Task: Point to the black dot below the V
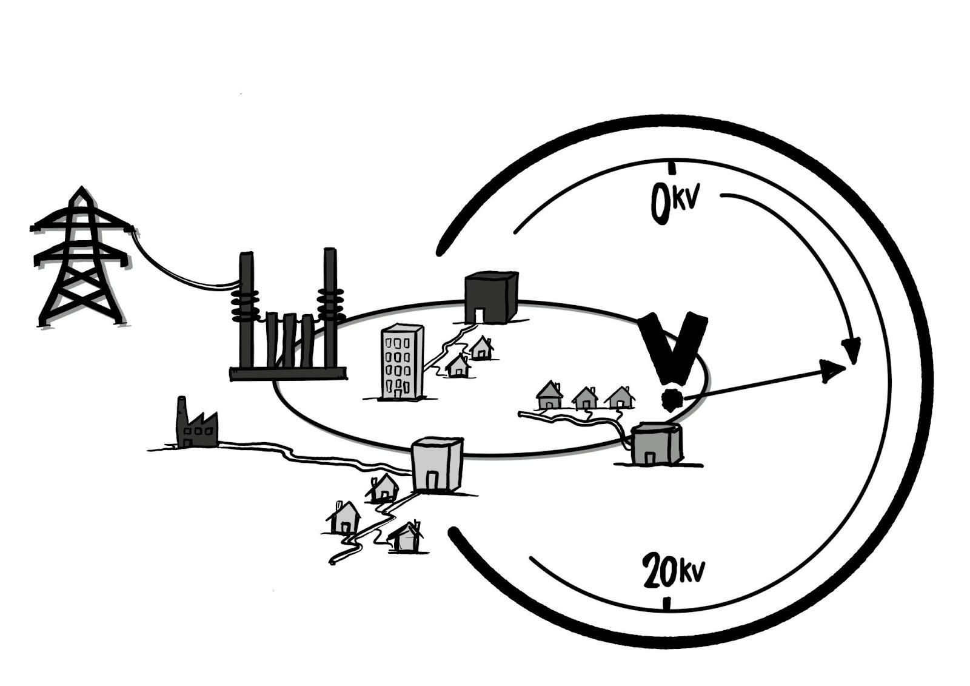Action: (671, 400)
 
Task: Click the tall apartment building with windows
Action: (401, 362)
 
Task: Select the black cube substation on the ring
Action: (491, 298)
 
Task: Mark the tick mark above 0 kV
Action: (671, 168)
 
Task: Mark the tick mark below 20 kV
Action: (667, 604)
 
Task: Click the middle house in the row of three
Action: (585, 398)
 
